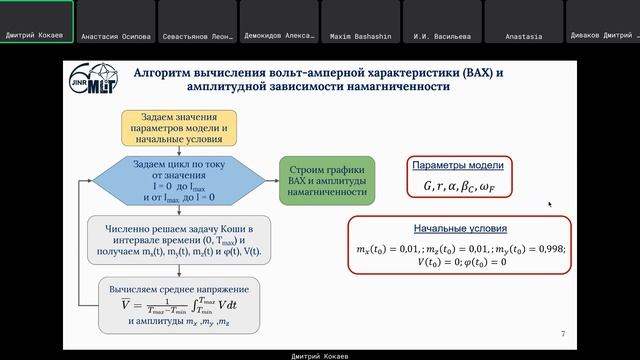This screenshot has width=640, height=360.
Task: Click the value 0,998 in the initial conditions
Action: [x=544, y=249]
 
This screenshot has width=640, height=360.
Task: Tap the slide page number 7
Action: [x=563, y=334]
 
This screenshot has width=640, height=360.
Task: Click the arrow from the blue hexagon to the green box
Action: [x=269, y=180]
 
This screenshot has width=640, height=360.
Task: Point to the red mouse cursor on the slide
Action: [x=549, y=204]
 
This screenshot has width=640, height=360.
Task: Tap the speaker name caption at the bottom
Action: [x=320, y=353]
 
